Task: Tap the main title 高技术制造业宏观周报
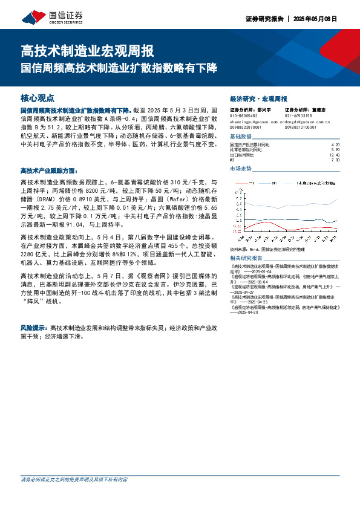coord(87,50)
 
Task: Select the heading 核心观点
coord(38,97)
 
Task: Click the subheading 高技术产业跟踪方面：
coord(49,171)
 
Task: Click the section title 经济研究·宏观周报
coord(259,98)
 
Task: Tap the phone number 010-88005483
coord(244,115)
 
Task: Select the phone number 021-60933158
coord(298,115)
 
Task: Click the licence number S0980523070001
coord(246,128)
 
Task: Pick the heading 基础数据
coord(242,137)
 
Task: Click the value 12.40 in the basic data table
coord(336,155)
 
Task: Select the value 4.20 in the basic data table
coord(336,145)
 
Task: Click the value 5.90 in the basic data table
coord(336,150)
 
